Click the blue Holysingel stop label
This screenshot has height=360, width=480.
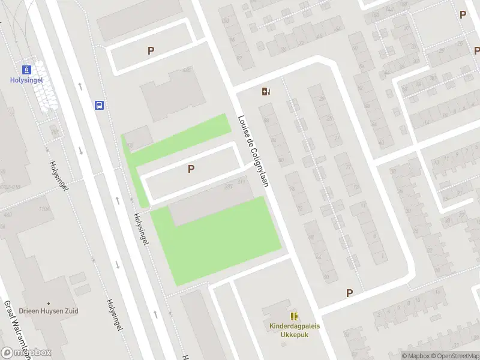26,80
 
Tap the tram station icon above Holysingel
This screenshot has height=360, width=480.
26,69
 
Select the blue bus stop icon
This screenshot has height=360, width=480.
100,105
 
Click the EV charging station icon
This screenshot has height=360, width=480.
266,92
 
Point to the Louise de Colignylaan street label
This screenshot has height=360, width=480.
252,150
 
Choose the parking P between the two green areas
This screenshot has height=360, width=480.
191,169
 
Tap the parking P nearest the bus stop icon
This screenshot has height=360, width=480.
151,51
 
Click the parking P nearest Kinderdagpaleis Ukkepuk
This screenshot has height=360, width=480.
349,293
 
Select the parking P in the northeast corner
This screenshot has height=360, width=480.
463,14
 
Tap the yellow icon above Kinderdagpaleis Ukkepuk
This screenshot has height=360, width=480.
293,316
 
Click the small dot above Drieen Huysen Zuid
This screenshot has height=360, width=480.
48,302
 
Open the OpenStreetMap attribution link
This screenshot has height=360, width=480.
457,356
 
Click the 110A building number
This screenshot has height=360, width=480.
43,208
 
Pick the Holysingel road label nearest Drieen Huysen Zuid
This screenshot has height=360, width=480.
115,314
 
